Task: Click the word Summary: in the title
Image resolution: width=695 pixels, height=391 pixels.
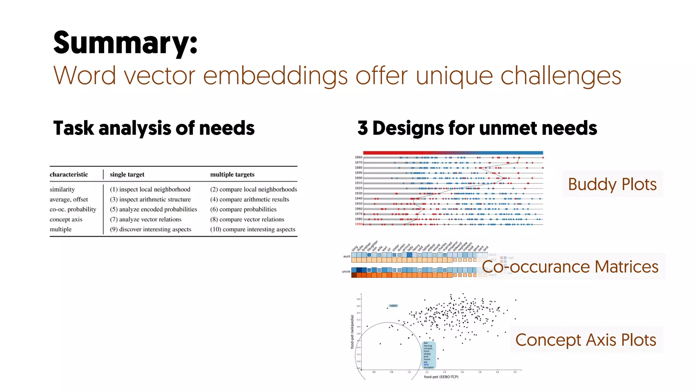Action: (125, 43)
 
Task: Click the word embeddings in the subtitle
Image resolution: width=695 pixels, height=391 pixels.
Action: (275, 75)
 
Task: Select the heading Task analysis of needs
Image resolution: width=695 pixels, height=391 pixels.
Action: (154, 128)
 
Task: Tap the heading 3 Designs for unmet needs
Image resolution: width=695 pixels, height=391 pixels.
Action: (477, 128)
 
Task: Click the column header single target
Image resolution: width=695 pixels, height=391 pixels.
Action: (127, 174)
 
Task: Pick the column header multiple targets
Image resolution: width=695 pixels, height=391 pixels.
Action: (232, 174)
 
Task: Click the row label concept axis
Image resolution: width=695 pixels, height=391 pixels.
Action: (66, 219)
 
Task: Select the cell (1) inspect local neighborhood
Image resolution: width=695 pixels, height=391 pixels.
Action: (150, 189)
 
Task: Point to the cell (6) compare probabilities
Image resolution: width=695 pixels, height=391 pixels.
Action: (243, 209)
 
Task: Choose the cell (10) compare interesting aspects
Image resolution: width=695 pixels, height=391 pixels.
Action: (252, 229)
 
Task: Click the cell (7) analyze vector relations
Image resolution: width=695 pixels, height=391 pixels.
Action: (146, 219)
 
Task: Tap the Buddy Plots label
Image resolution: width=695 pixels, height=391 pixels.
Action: (612, 184)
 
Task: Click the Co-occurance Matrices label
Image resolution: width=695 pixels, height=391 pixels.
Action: (570, 267)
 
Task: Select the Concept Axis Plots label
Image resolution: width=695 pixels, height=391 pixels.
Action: (586, 340)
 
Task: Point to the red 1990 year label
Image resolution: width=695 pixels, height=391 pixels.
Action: (358, 224)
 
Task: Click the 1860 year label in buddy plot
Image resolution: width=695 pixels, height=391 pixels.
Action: (358, 157)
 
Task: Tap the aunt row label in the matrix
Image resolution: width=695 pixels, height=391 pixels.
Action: (346, 256)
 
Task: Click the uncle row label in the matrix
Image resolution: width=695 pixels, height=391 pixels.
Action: (346, 272)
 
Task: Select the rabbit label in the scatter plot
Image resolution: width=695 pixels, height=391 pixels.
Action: (393, 305)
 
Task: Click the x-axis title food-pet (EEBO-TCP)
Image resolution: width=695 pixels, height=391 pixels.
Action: (441, 377)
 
